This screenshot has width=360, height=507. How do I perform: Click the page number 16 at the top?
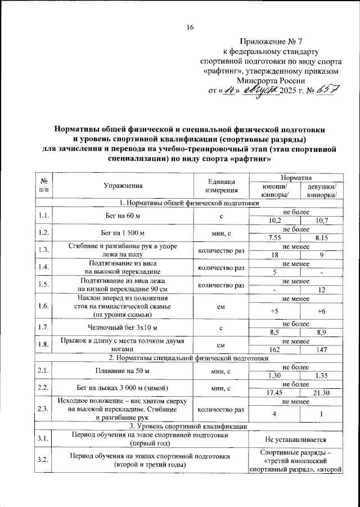(190, 28)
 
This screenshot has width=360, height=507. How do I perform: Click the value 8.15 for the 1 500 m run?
(322, 238)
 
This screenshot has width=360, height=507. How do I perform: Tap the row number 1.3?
(43, 250)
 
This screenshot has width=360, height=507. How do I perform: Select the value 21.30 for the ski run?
(322, 392)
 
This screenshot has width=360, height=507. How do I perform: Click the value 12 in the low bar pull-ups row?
(322, 290)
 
